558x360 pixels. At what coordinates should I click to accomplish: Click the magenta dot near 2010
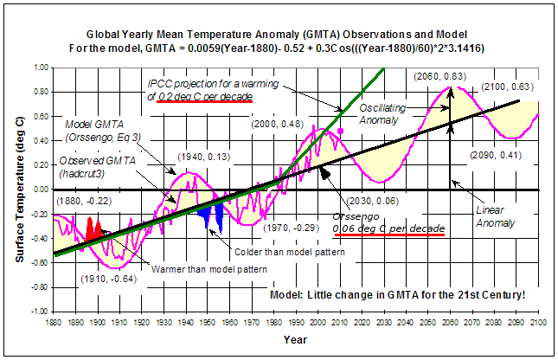[x=341, y=131]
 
